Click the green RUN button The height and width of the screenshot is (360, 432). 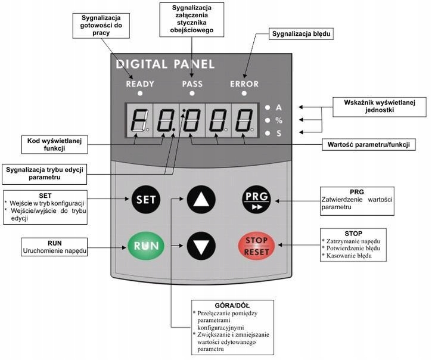coord(146,246)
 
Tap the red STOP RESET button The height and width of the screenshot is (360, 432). coord(256,246)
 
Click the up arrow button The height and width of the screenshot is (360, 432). coord(201,200)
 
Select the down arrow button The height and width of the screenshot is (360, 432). coord(201,246)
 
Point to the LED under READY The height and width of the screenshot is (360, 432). coord(140,94)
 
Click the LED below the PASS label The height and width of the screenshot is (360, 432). coord(192,94)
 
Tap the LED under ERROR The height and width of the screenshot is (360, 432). coord(244,94)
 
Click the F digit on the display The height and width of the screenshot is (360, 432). coord(139,120)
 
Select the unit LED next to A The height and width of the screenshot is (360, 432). coord(268,107)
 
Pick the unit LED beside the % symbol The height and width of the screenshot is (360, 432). coord(268,120)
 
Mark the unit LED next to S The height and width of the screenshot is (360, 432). coord(268,134)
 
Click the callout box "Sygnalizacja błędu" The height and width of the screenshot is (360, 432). coord(301,34)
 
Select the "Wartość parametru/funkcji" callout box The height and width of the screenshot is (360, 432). coord(369,144)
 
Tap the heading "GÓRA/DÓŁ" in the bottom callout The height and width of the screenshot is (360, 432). coord(232,305)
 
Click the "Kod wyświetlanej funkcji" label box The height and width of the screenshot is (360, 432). coord(55,144)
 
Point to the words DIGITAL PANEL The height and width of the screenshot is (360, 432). coord(165,64)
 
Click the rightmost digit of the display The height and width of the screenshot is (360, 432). coord(244,120)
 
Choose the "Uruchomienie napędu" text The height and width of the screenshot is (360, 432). coord(55,251)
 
